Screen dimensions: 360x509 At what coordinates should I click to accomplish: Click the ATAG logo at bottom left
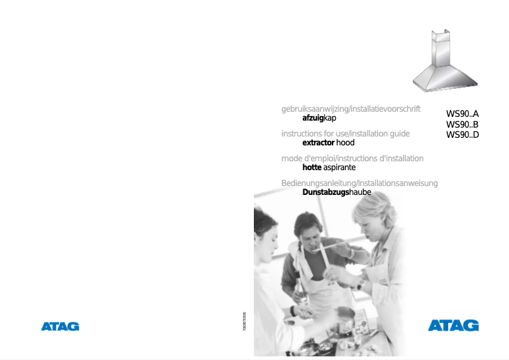(x=60, y=326)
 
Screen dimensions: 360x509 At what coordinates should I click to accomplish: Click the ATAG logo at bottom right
(x=453, y=326)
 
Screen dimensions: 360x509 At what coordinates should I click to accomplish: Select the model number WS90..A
(x=462, y=115)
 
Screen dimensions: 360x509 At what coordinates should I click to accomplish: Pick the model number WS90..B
(x=462, y=124)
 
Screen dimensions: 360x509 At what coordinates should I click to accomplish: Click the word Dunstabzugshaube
(x=336, y=192)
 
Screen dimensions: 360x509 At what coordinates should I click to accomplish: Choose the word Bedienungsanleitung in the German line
(x=320, y=183)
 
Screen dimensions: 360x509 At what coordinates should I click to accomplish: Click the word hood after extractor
(x=346, y=143)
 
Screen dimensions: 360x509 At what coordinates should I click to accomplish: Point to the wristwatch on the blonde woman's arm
(x=359, y=286)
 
